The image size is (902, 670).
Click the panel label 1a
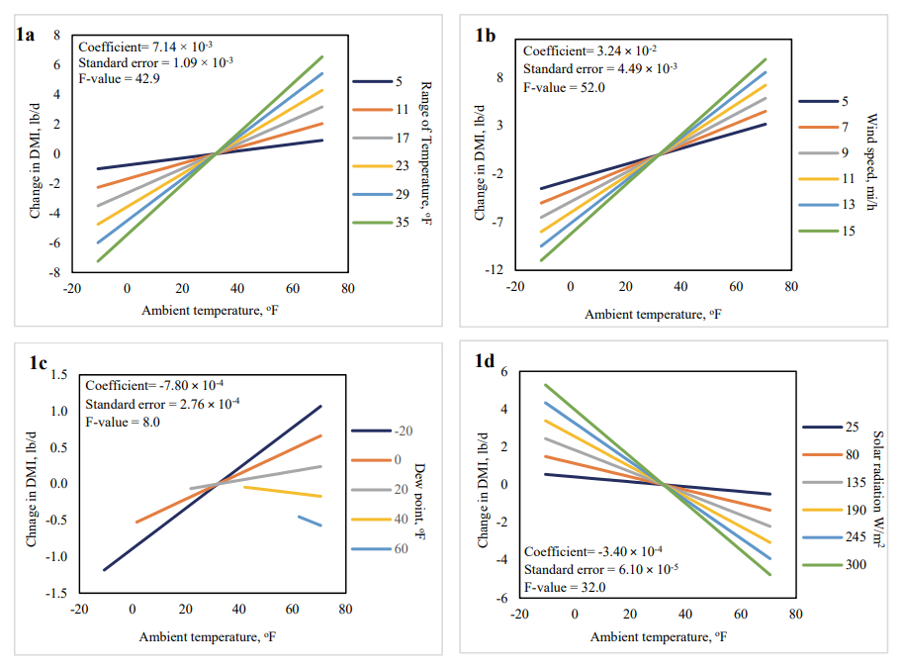pyautogui.click(x=26, y=35)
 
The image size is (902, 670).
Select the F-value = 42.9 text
pyautogui.click(x=115, y=78)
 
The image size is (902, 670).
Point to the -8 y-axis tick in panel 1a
pyautogui.click(x=57, y=272)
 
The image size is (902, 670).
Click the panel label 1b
pyautogui.click(x=486, y=35)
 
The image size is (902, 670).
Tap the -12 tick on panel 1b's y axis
pyautogui.click(x=495, y=269)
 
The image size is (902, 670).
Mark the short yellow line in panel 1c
pyautogui.click(x=282, y=491)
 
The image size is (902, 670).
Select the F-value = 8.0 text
pyautogui.click(x=123, y=422)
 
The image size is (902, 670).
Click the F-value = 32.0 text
pyautogui.click(x=564, y=587)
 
